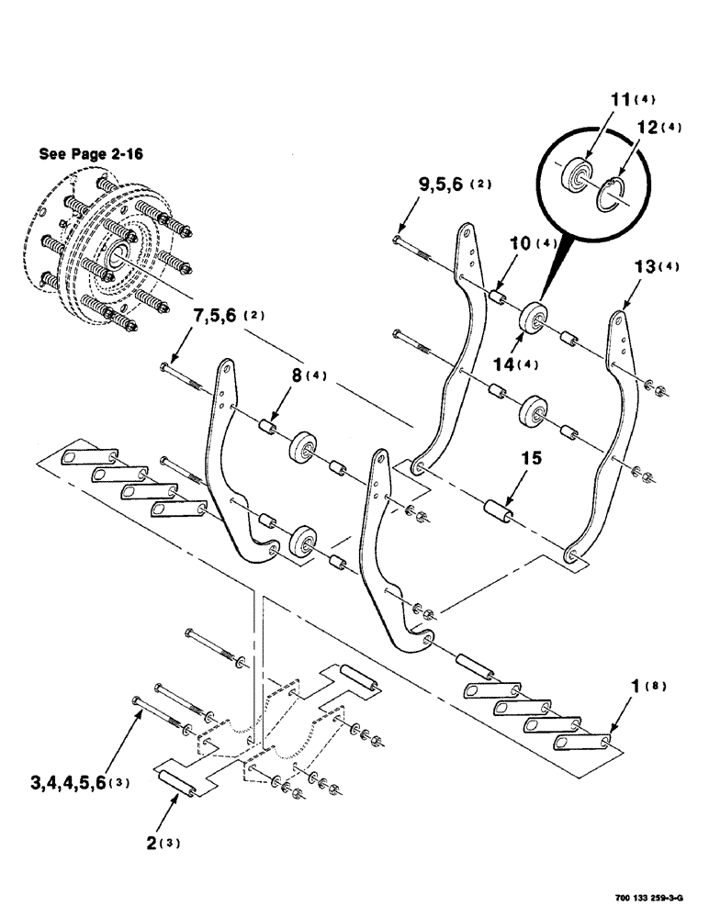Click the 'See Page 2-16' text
coord(90,154)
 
